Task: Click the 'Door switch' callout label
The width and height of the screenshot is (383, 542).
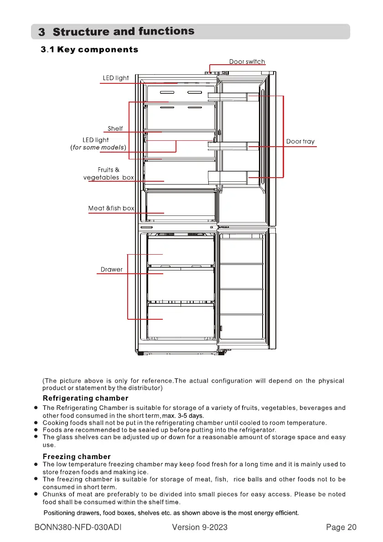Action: [247, 61]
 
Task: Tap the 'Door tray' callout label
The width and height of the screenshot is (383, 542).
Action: [300, 142]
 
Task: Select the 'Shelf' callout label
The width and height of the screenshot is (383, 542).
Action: [115, 128]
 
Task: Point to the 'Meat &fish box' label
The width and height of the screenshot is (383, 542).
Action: [111, 208]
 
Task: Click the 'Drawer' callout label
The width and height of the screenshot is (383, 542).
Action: [111, 269]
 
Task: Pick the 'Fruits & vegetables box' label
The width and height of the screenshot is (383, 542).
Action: [109, 174]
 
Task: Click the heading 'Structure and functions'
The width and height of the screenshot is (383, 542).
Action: [124, 31]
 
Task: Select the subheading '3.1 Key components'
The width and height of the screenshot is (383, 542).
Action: [89, 49]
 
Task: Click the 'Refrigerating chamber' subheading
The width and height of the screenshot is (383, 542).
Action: [85, 399]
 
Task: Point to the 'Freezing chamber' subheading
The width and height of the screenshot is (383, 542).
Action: [77, 456]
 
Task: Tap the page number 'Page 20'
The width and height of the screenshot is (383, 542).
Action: [341, 527]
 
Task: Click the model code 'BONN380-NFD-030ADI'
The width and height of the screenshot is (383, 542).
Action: [80, 527]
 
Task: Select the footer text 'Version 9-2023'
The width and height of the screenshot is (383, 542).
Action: [200, 527]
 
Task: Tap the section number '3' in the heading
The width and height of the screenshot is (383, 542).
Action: [41, 32]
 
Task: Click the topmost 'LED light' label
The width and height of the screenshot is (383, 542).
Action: [115, 78]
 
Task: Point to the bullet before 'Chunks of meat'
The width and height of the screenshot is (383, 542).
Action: [36, 494]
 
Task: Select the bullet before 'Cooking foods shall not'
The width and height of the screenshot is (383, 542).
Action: [36, 423]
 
